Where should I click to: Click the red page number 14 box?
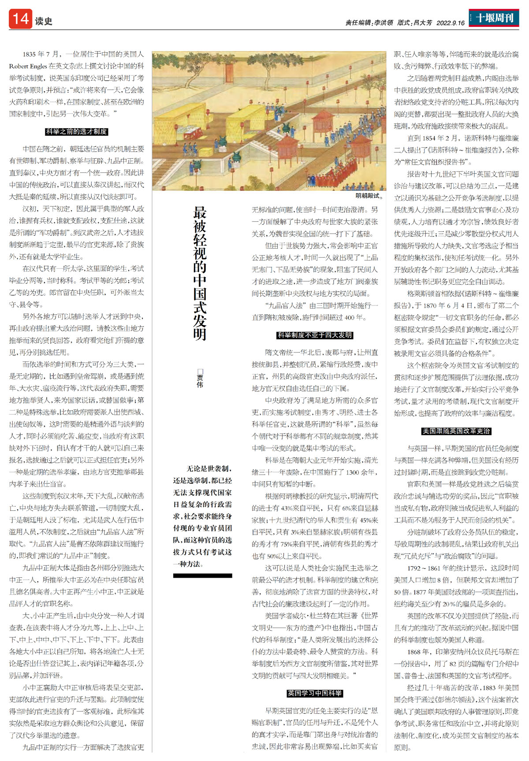[x=20, y=19]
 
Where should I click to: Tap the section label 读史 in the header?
[x=44, y=21]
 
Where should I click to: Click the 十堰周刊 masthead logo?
[x=494, y=18]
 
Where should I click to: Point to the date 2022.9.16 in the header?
[x=450, y=23]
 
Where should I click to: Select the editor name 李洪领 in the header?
[x=384, y=23]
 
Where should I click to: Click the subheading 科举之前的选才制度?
[x=77, y=131]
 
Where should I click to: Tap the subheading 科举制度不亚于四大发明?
[x=314, y=335]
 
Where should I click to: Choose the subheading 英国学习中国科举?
[x=314, y=693]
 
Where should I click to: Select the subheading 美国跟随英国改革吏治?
[x=456, y=431]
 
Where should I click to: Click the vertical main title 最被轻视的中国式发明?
[x=200, y=273]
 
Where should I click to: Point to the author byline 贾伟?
[x=200, y=381]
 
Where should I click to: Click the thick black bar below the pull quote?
[x=202, y=575]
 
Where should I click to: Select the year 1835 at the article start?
[x=29, y=54]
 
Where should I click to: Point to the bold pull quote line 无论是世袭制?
[x=209, y=469]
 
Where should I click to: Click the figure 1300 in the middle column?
[x=353, y=472]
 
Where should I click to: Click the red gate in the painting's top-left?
[x=229, y=73]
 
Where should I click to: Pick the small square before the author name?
[x=200, y=371]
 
